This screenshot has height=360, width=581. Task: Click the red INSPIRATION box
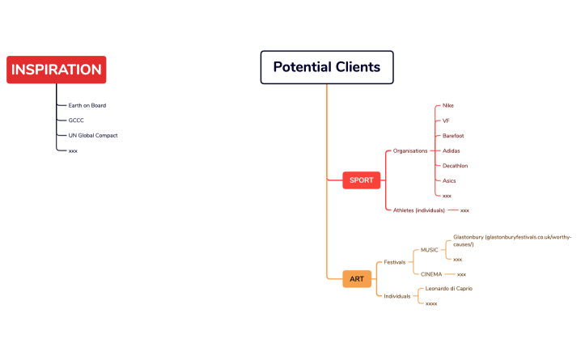click(56, 70)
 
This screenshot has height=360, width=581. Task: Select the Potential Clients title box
click(326, 67)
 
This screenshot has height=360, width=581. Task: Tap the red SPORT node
click(362, 180)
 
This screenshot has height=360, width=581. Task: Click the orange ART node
click(357, 279)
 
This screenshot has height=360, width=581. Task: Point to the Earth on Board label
click(87, 105)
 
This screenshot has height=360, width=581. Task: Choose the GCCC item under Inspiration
click(76, 121)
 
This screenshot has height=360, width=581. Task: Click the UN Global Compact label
click(92, 135)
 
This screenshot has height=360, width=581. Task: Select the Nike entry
click(448, 106)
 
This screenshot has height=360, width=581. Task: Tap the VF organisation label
click(446, 121)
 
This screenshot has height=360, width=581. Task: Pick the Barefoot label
click(453, 136)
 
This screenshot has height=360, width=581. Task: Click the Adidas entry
click(452, 150)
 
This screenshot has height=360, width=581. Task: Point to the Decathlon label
click(455, 166)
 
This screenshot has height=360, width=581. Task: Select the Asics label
click(449, 180)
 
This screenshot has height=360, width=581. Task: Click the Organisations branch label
click(410, 150)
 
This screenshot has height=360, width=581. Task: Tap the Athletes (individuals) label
click(418, 210)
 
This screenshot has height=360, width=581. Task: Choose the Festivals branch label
click(395, 262)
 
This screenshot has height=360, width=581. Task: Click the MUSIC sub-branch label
click(423, 250)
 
